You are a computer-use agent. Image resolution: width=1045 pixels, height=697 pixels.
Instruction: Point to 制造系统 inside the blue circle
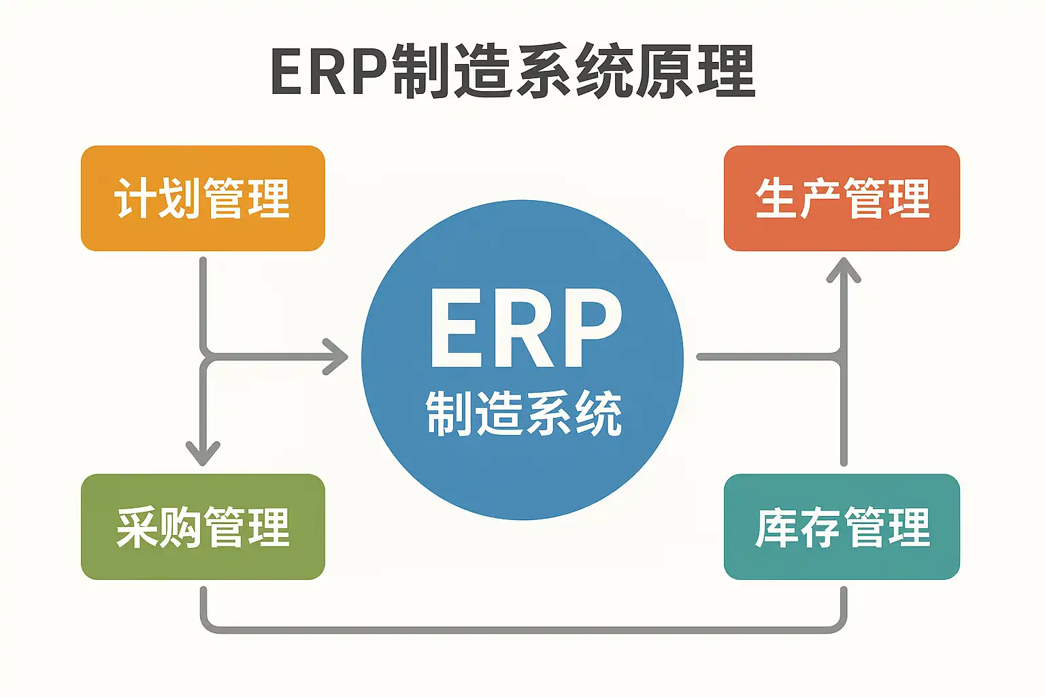click(x=524, y=413)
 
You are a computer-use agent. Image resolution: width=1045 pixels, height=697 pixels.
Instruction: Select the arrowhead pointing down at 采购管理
click(x=203, y=452)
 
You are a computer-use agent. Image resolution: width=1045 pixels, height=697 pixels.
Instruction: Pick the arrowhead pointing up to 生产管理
click(x=844, y=270)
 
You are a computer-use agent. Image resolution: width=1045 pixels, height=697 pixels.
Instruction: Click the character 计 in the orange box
click(x=135, y=199)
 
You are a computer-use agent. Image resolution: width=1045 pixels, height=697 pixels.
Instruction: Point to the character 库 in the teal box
click(x=776, y=528)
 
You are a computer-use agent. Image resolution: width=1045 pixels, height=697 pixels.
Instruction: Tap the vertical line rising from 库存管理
click(x=844, y=415)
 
